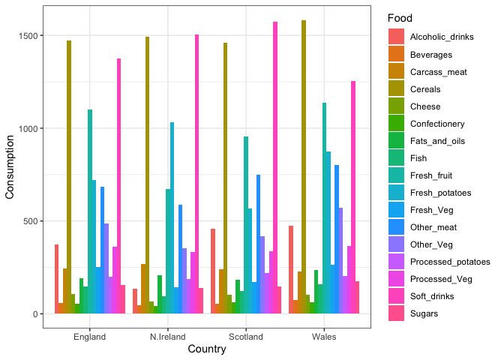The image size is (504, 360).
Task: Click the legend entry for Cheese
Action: point(425,106)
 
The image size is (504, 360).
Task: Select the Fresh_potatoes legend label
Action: point(440,193)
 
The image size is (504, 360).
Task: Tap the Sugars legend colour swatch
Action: point(396,313)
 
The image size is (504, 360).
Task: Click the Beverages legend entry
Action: point(431,55)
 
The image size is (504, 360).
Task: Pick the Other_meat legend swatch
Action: point(396,227)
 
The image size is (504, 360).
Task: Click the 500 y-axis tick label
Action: point(35,221)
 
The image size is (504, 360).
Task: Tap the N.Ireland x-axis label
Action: point(168,337)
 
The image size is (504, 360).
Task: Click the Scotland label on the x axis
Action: point(246,337)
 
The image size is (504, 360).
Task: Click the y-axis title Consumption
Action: point(10,167)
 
